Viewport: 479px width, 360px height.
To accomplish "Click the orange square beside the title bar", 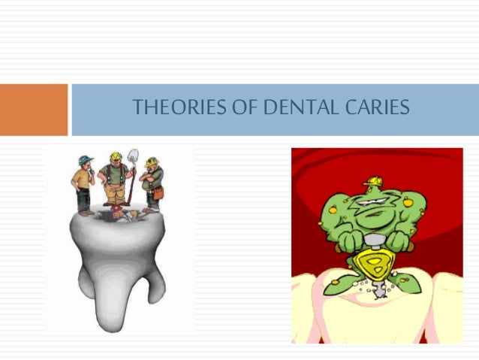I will pos(33,110).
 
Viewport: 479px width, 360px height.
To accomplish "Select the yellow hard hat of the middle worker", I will pos(116,157).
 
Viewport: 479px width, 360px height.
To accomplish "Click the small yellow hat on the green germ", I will pos(373,181).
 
